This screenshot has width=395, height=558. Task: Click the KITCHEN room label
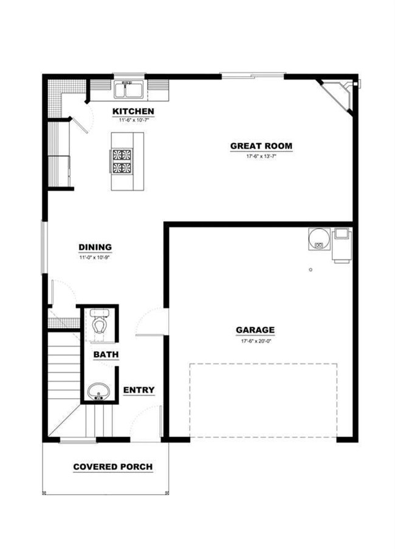(x=133, y=111)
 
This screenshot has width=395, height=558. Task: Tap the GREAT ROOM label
(x=261, y=146)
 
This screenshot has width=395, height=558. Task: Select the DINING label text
(x=95, y=247)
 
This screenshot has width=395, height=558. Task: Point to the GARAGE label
(x=255, y=330)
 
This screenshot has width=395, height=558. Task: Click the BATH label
(x=106, y=354)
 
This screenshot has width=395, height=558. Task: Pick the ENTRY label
(x=139, y=390)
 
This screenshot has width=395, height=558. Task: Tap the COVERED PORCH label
(x=112, y=467)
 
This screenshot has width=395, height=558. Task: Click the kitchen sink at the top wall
(x=128, y=89)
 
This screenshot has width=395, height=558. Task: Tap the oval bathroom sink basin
(x=97, y=390)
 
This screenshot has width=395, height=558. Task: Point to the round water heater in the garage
(x=318, y=238)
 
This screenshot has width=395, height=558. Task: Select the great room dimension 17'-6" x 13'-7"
(x=261, y=156)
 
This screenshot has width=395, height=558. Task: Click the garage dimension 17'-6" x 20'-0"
(x=255, y=340)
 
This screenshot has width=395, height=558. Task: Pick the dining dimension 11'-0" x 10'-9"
(x=95, y=257)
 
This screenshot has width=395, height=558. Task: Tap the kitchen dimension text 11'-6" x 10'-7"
(x=133, y=120)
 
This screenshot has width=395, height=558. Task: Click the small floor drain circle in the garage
(x=310, y=269)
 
